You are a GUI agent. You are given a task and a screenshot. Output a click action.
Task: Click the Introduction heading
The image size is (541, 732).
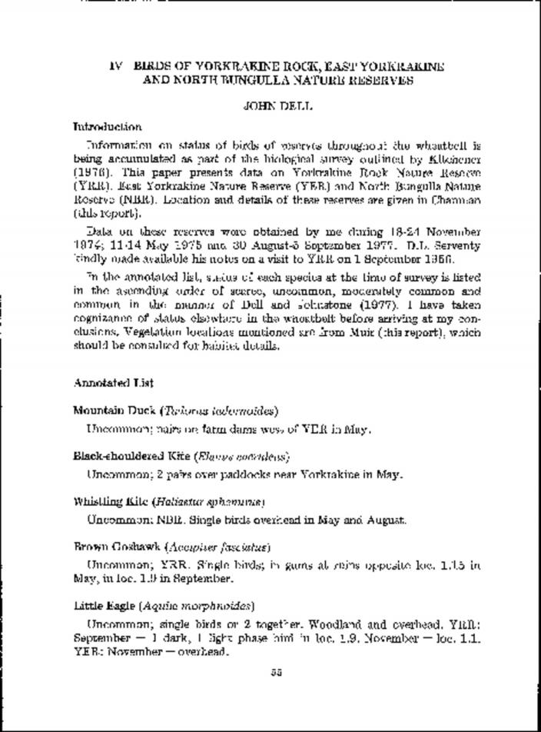tap(107, 127)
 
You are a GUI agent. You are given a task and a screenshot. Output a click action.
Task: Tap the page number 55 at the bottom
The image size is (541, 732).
tap(277, 671)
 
